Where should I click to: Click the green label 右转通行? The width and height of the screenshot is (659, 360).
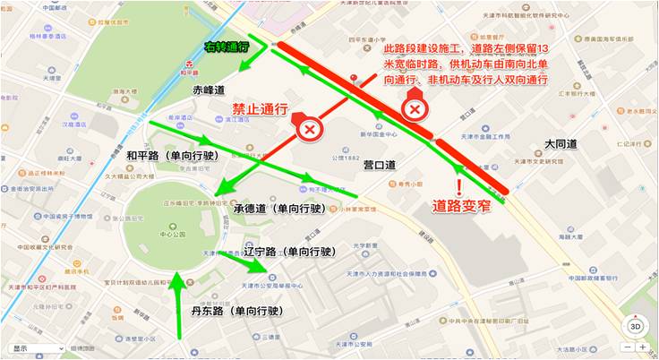click(226, 47)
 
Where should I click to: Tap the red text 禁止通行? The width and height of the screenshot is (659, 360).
click(261, 109)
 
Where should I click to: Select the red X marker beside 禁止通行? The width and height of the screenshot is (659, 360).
click(310, 129)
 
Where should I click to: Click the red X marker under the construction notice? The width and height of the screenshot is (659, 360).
click(415, 109)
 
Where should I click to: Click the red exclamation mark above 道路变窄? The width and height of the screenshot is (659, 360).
click(459, 186)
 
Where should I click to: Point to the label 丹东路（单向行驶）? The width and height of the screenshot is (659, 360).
click(236, 311)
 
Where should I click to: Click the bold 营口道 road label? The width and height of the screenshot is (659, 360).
click(381, 165)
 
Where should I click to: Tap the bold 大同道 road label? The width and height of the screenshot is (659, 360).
click(561, 143)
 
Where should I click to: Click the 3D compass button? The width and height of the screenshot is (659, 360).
click(635, 326)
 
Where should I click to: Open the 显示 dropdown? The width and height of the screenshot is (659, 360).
click(36, 348)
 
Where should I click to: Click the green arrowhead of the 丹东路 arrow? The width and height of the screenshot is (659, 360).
click(178, 280)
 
